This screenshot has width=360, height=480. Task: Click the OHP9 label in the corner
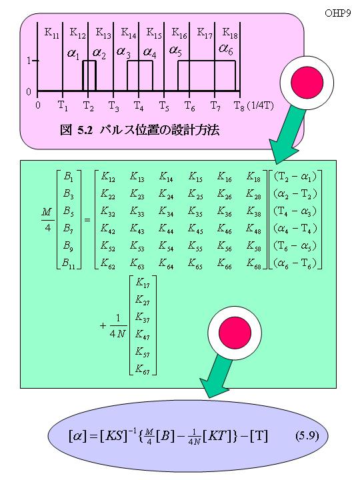tap(337, 13)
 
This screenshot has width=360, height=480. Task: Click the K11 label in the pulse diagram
tap(51, 33)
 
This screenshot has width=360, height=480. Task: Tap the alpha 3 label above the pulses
tap(123, 51)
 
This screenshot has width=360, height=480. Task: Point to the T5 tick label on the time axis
tap(164, 106)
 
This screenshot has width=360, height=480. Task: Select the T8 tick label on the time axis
tap(239, 106)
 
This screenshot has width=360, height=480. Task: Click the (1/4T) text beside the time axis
tap(261, 106)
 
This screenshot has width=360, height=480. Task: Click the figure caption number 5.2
tap(85, 131)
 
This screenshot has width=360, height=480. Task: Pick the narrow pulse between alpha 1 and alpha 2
tap(89, 75)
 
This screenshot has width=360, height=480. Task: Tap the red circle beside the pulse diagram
tap(307, 83)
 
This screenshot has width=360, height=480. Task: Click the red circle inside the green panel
tap(235, 333)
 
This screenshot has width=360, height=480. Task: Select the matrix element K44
tap(166, 229)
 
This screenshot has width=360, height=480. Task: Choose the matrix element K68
tap(254, 263)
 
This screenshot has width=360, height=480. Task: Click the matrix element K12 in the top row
tap(108, 177)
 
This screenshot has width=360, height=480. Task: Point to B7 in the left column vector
tap(68, 229)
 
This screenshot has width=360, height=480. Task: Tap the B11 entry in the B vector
tap(69, 263)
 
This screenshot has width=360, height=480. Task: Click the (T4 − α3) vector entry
tap(295, 211)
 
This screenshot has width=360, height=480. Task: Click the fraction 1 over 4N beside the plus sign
tap(117, 326)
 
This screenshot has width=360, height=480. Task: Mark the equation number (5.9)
tap(307, 435)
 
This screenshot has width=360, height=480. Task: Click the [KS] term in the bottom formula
tap(113, 435)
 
